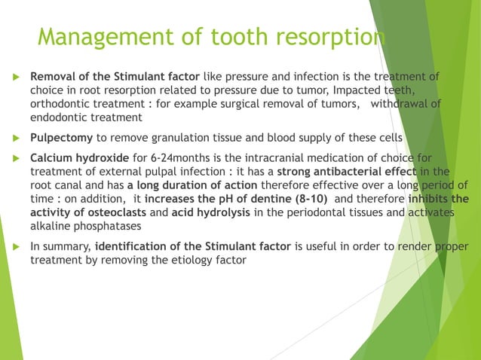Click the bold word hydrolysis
point(216,213)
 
